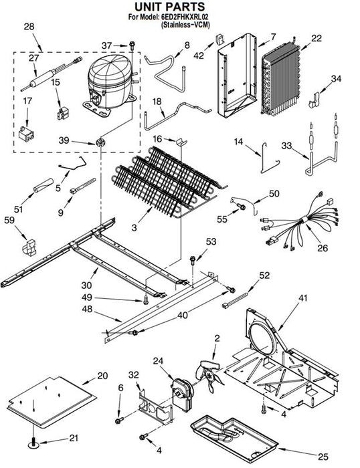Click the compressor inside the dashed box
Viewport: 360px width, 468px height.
(110, 85)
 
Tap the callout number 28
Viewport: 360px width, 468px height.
(29, 27)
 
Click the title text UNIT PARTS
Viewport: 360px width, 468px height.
(169, 7)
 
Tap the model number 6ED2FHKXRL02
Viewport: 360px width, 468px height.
(184, 17)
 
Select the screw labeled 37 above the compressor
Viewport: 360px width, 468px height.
(132, 45)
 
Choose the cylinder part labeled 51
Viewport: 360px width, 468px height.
(43, 185)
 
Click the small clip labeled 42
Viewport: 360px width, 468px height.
(220, 39)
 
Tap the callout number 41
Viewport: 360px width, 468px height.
(302, 298)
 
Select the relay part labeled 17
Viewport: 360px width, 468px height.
(26, 134)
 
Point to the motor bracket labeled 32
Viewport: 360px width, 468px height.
(155, 407)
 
